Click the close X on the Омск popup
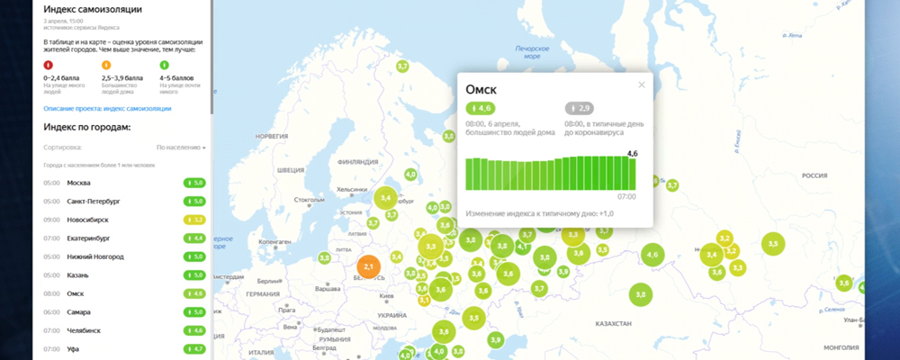[x=642, y=85]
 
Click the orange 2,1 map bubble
[x=367, y=267]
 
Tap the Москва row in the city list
[x=80, y=183]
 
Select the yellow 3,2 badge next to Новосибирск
[x=194, y=220]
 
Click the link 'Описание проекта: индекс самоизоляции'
[x=107, y=109]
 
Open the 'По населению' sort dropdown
[x=181, y=147]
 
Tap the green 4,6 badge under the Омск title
[x=480, y=108]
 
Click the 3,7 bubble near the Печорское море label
[x=402, y=66]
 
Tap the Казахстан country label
[x=611, y=322]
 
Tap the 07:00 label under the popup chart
[x=626, y=196]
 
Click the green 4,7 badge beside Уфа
[x=194, y=348]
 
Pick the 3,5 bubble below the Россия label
[x=773, y=243]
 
